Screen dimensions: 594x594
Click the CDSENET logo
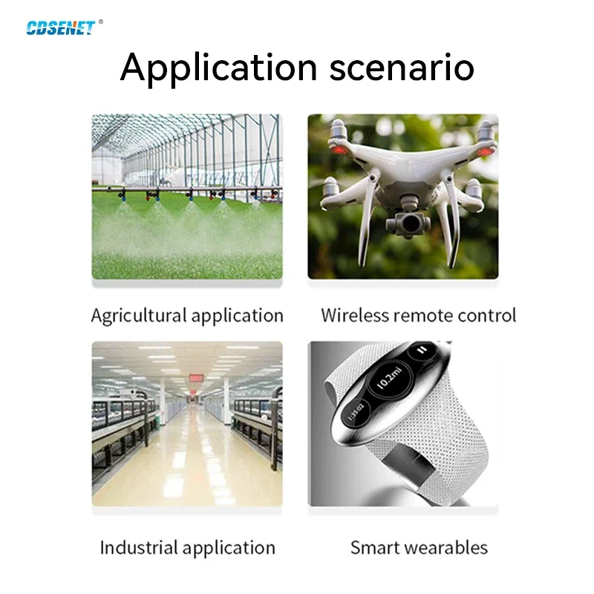(x=61, y=27)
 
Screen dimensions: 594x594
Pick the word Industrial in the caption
(x=140, y=548)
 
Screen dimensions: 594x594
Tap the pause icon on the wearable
(x=422, y=350)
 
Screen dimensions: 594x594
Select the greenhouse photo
(x=186, y=197)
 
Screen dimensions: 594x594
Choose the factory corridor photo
(x=186, y=423)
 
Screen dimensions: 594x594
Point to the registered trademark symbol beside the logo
(x=100, y=22)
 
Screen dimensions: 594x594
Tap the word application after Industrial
(x=229, y=548)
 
